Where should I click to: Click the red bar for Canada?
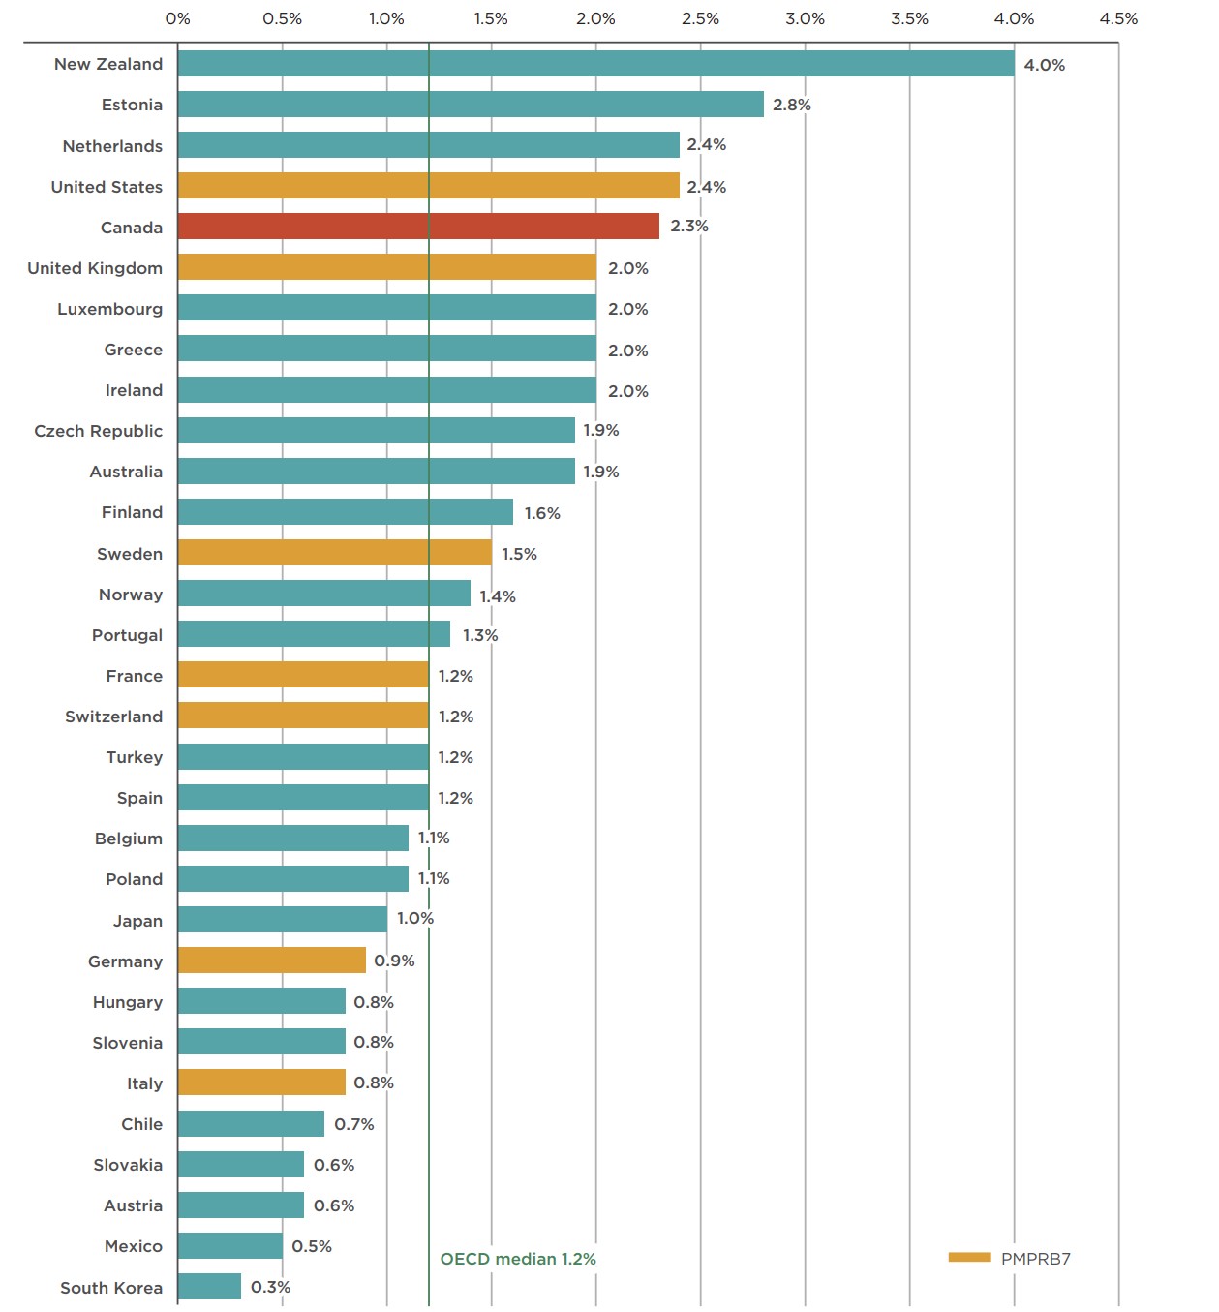pyautogui.click(x=418, y=227)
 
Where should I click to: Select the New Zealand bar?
pyautogui.click(x=595, y=64)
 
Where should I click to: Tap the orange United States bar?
pyautogui.click(x=428, y=186)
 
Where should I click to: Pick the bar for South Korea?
pyautogui.click(x=209, y=1287)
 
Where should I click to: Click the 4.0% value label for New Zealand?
pyautogui.click(x=1044, y=65)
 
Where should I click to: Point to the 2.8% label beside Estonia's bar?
pyautogui.click(x=791, y=105)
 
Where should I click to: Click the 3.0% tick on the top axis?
pyautogui.click(x=805, y=18)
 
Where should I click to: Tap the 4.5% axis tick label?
pyautogui.click(x=1118, y=18)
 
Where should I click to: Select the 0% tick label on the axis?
pyautogui.click(x=177, y=18)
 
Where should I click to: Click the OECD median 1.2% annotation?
pyautogui.click(x=518, y=1259)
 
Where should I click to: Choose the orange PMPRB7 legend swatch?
pyautogui.click(x=969, y=1258)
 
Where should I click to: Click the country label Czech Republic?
pyautogui.click(x=98, y=431)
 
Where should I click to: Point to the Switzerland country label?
pyautogui.click(x=113, y=717)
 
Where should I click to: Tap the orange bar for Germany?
pyautogui.click(x=271, y=961)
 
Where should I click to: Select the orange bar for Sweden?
pyautogui.click(x=334, y=553)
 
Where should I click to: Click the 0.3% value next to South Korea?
pyautogui.click(x=270, y=1287)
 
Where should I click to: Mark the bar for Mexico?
pyautogui.click(x=229, y=1246)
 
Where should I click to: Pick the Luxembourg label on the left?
pyautogui.click(x=109, y=309)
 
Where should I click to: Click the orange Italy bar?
pyautogui.click(x=261, y=1083)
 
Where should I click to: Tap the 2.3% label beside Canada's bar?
pyautogui.click(x=688, y=226)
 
